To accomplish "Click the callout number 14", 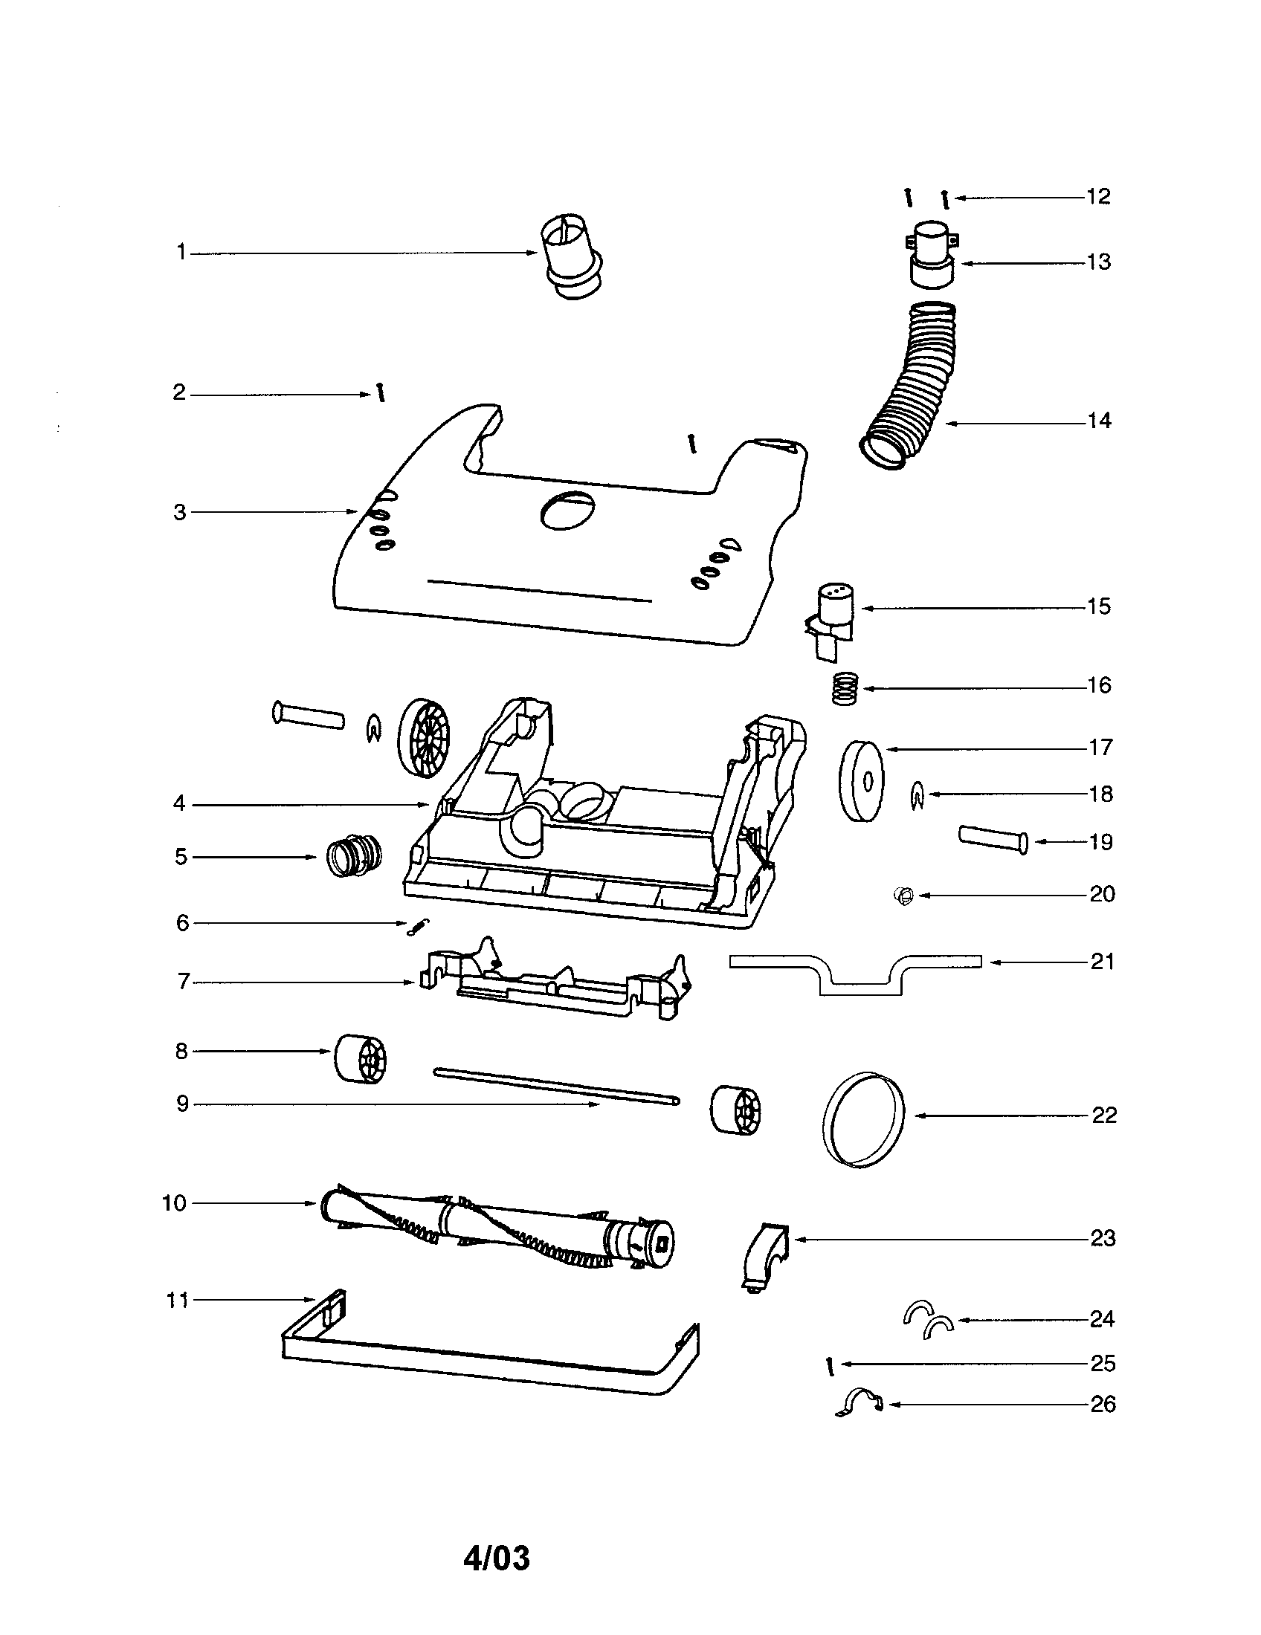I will (x=1098, y=421).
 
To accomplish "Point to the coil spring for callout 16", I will (x=844, y=687).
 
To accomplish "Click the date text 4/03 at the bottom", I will (x=497, y=1558).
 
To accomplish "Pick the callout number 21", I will (x=1102, y=961).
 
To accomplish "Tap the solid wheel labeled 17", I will (x=860, y=781).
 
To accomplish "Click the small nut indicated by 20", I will (x=904, y=895).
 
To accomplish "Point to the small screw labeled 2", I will (x=381, y=393).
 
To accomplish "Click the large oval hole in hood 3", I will (x=567, y=512).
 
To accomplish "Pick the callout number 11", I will (x=177, y=1300).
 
